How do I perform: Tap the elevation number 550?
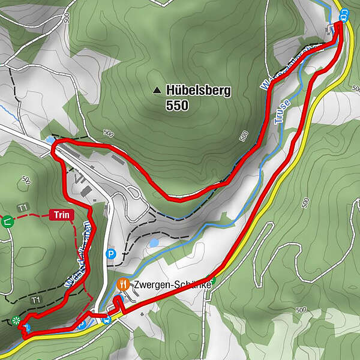point(176,106)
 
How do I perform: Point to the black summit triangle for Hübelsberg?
point(157,91)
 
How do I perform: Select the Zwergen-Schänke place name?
point(172,284)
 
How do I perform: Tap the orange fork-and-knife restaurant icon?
point(124,283)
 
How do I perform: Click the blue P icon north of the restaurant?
point(110,254)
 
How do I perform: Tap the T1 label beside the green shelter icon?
point(23,208)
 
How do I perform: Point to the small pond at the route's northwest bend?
point(48,139)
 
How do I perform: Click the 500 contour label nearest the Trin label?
point(26,179)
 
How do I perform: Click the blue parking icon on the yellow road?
point(82,325)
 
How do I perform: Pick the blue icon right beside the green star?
point(26,327)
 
